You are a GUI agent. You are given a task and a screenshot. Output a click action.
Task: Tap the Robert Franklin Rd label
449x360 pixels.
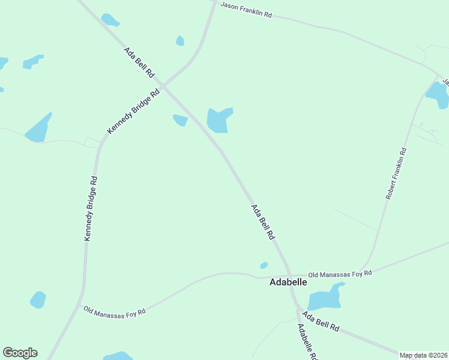click(397, 174)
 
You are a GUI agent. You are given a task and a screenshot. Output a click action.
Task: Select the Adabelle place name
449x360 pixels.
click(288, 282)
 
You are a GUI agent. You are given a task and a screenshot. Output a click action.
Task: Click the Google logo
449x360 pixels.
click(20, 353)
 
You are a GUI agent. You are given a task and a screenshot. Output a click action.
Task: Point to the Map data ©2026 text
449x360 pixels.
click(424, 355)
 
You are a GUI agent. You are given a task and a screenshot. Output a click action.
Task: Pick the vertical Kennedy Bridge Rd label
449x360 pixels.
click(90, 208)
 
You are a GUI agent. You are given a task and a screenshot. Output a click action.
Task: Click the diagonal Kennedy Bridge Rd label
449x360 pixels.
click(134, 111)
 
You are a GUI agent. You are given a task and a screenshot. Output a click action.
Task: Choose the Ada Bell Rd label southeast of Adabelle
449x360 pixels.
click(321, 322)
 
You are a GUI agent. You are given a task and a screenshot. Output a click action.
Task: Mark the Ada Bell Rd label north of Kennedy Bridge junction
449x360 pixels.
click(139, 62)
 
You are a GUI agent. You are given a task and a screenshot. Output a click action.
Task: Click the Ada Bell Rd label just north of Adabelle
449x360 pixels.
click(263, 222)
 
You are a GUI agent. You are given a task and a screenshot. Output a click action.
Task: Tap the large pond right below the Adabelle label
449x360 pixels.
click(325, 297)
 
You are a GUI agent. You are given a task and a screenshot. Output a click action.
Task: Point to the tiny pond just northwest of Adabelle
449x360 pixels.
click(264, 265)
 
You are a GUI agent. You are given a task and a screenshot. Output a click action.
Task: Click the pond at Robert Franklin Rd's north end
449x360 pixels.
click(438, 95)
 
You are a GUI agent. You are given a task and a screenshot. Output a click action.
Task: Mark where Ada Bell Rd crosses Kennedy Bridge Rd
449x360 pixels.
click(163, 86)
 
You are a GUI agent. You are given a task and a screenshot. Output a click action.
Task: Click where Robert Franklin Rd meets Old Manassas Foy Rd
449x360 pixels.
click(364, 269)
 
